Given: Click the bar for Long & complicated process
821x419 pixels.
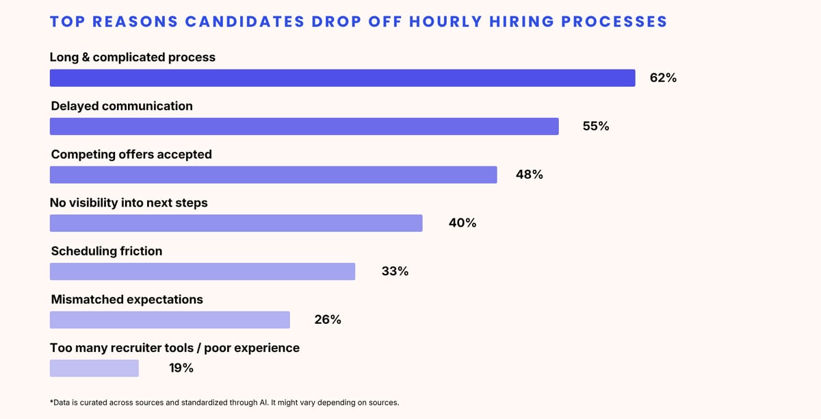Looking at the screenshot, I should click(x=342, y=78).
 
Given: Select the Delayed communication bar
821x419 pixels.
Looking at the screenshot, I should click(x=304, y=126).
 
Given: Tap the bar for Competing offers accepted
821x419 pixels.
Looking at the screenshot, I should click(x=274, y=175).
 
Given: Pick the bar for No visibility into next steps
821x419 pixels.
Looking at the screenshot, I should click(x=236, y=223).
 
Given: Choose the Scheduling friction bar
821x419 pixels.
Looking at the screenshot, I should click(x=203, y=272).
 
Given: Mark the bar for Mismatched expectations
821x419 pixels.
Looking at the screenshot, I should click(x=170, y=320).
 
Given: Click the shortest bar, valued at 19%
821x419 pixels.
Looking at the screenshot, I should click(x=94, y=368).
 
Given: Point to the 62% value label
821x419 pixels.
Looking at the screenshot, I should click(x=663, y=78).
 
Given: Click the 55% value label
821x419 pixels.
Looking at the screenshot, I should click(x=595, y=126).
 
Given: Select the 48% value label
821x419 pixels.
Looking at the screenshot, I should click(x=529, y=175).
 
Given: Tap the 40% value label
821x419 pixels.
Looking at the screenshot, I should click(x=462, y=223).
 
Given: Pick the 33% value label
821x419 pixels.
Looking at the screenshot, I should click(x=395, y=272).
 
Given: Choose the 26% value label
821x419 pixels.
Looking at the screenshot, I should click(x=328, y=320).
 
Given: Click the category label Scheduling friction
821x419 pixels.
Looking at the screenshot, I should click(x=107, y=251).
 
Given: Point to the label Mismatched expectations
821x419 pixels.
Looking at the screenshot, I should click(x=127, y=299).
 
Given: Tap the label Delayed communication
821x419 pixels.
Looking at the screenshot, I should click(x=122, y=106).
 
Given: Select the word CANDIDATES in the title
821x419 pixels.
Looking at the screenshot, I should click(x=244, y=21).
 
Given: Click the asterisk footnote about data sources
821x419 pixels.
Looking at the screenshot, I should click(x=224, y=403).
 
